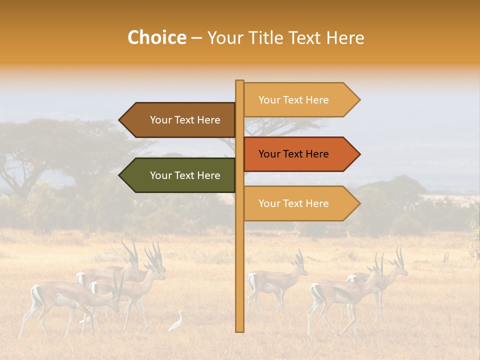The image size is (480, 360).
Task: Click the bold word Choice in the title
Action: (x=156, y=37)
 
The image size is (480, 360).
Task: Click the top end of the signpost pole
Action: (x=239, y=81)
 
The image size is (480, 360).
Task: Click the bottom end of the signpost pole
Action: (x=239, y=330)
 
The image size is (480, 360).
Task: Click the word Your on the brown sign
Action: (x=161, y=120)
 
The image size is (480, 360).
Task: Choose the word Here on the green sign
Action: (x=208, y=175)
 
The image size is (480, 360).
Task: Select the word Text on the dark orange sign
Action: (x=294, y=154)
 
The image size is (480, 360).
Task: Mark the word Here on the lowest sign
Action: (x=317, y=203)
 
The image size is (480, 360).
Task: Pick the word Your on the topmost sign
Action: (x=269, y=100)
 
